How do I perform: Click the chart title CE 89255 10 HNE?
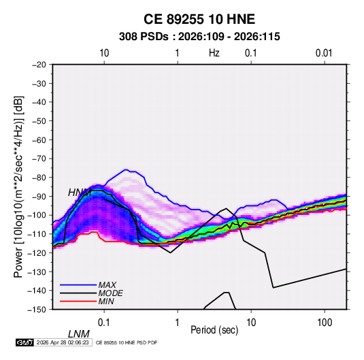199,19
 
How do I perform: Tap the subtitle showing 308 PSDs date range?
199,37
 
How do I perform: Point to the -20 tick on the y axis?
39,65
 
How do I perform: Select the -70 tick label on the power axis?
39,159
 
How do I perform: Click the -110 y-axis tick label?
37,234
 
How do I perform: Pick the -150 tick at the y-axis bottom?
37,310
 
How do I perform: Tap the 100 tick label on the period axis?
325,323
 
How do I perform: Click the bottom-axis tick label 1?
178,323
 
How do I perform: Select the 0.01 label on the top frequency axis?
324,53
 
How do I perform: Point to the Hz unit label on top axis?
214,53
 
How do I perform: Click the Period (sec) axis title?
214,330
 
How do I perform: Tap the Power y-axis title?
18,186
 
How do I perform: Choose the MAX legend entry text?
107,284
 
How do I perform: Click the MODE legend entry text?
110,293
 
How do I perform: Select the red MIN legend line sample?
78,301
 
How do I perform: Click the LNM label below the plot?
79,334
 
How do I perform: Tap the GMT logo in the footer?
25,342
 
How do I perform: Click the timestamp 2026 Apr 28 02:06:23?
63,342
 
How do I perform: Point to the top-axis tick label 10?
104,53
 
